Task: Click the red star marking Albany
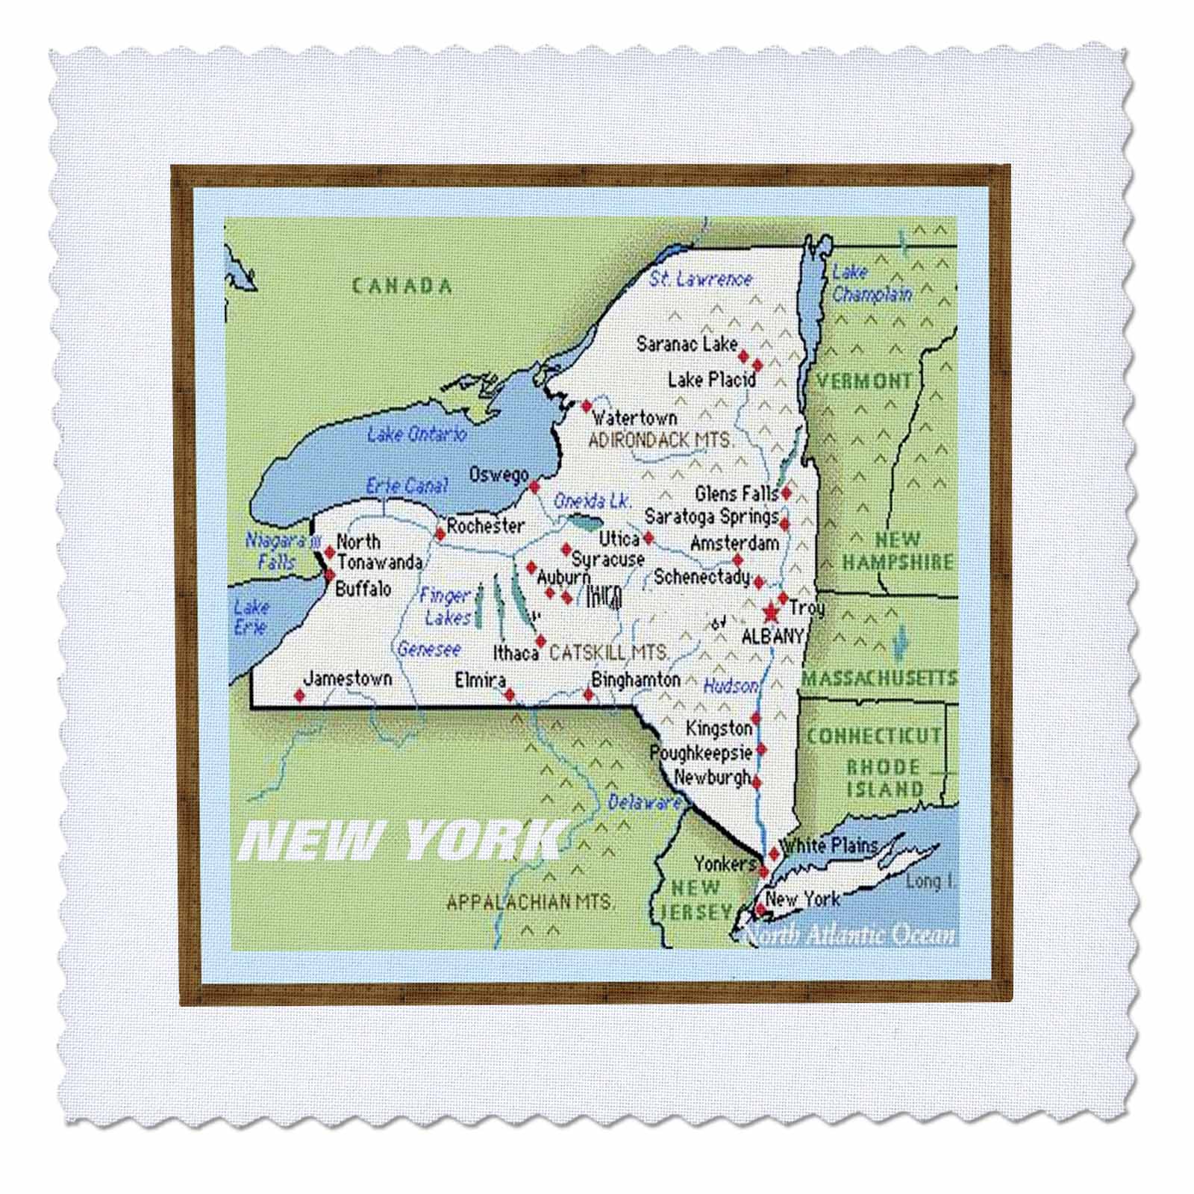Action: (x=770, y=613)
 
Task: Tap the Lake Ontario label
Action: (x=416, y=434)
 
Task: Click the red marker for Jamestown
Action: (x=299, y=696)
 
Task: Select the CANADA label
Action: (x=402, y=286)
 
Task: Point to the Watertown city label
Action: (x=634, y=418)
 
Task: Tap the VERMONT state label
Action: (x=864, y=381)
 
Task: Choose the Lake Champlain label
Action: (x=871, y=284)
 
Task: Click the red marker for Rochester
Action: (x=440, y=533)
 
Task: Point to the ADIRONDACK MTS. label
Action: (x=661, y=440)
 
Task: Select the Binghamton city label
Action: (x=636, y=680)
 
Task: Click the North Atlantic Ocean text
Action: (x=851, y=935)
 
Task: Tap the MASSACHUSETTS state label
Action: (x=879, y=678)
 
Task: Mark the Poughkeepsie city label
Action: (x=701, y=753)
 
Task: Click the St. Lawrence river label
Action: (x=701, y=279)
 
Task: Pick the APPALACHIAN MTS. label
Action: (x=531, y=901)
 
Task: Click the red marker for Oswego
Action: (x=534, y=487)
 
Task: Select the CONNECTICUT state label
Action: (x=874, y=736)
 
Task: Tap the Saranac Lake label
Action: (x=687, y=344)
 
